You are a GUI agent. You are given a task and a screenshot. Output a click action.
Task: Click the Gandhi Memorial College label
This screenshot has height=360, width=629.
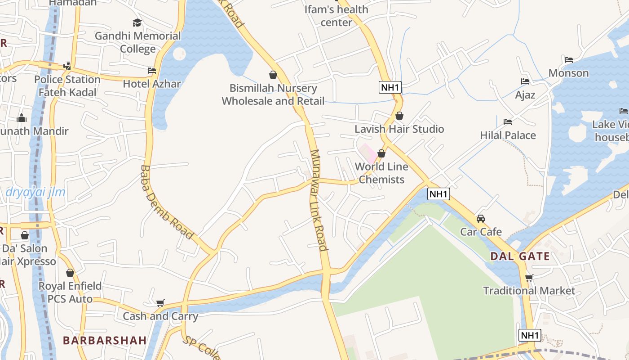point(137,42)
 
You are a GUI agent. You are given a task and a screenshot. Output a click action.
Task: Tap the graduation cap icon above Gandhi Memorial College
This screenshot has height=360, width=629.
point(137,22)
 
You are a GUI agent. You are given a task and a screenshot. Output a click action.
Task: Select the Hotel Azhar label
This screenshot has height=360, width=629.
point(152,84)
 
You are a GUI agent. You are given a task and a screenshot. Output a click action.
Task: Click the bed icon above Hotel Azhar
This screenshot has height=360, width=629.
point(152,71)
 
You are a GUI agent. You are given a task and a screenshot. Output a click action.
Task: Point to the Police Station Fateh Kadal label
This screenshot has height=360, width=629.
point(67,85)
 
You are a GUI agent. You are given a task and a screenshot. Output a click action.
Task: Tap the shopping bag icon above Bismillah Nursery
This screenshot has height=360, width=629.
point(273,75)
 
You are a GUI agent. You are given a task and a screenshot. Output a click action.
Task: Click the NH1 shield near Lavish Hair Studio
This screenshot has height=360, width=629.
point(390,87)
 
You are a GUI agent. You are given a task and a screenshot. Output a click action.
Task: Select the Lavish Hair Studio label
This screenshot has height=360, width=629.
point(399,129)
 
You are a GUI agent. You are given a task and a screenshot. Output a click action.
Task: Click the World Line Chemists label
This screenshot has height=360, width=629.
point(381,173)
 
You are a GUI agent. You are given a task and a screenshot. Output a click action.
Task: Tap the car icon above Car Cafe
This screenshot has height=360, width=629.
point(481,219)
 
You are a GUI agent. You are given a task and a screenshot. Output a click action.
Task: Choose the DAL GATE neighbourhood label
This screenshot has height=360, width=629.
point(520,256)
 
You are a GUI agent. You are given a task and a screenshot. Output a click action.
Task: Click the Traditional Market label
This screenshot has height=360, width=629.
point(529,291)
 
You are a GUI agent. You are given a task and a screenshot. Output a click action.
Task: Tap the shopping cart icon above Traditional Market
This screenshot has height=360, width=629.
point(529,278)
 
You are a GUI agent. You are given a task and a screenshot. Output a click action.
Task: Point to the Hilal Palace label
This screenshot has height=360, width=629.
point(508,135)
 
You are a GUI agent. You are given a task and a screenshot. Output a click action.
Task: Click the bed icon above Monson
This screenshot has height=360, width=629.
point(569,60)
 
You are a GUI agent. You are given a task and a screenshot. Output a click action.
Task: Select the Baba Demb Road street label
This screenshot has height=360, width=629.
point(166,202)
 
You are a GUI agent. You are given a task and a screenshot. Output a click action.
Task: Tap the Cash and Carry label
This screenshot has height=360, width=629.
point(160,316)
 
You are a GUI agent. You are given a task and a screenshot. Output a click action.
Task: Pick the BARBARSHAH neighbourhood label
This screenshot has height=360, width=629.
point(105,340)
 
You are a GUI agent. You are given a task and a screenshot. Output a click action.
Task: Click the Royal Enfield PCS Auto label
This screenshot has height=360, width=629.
point(70,292)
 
